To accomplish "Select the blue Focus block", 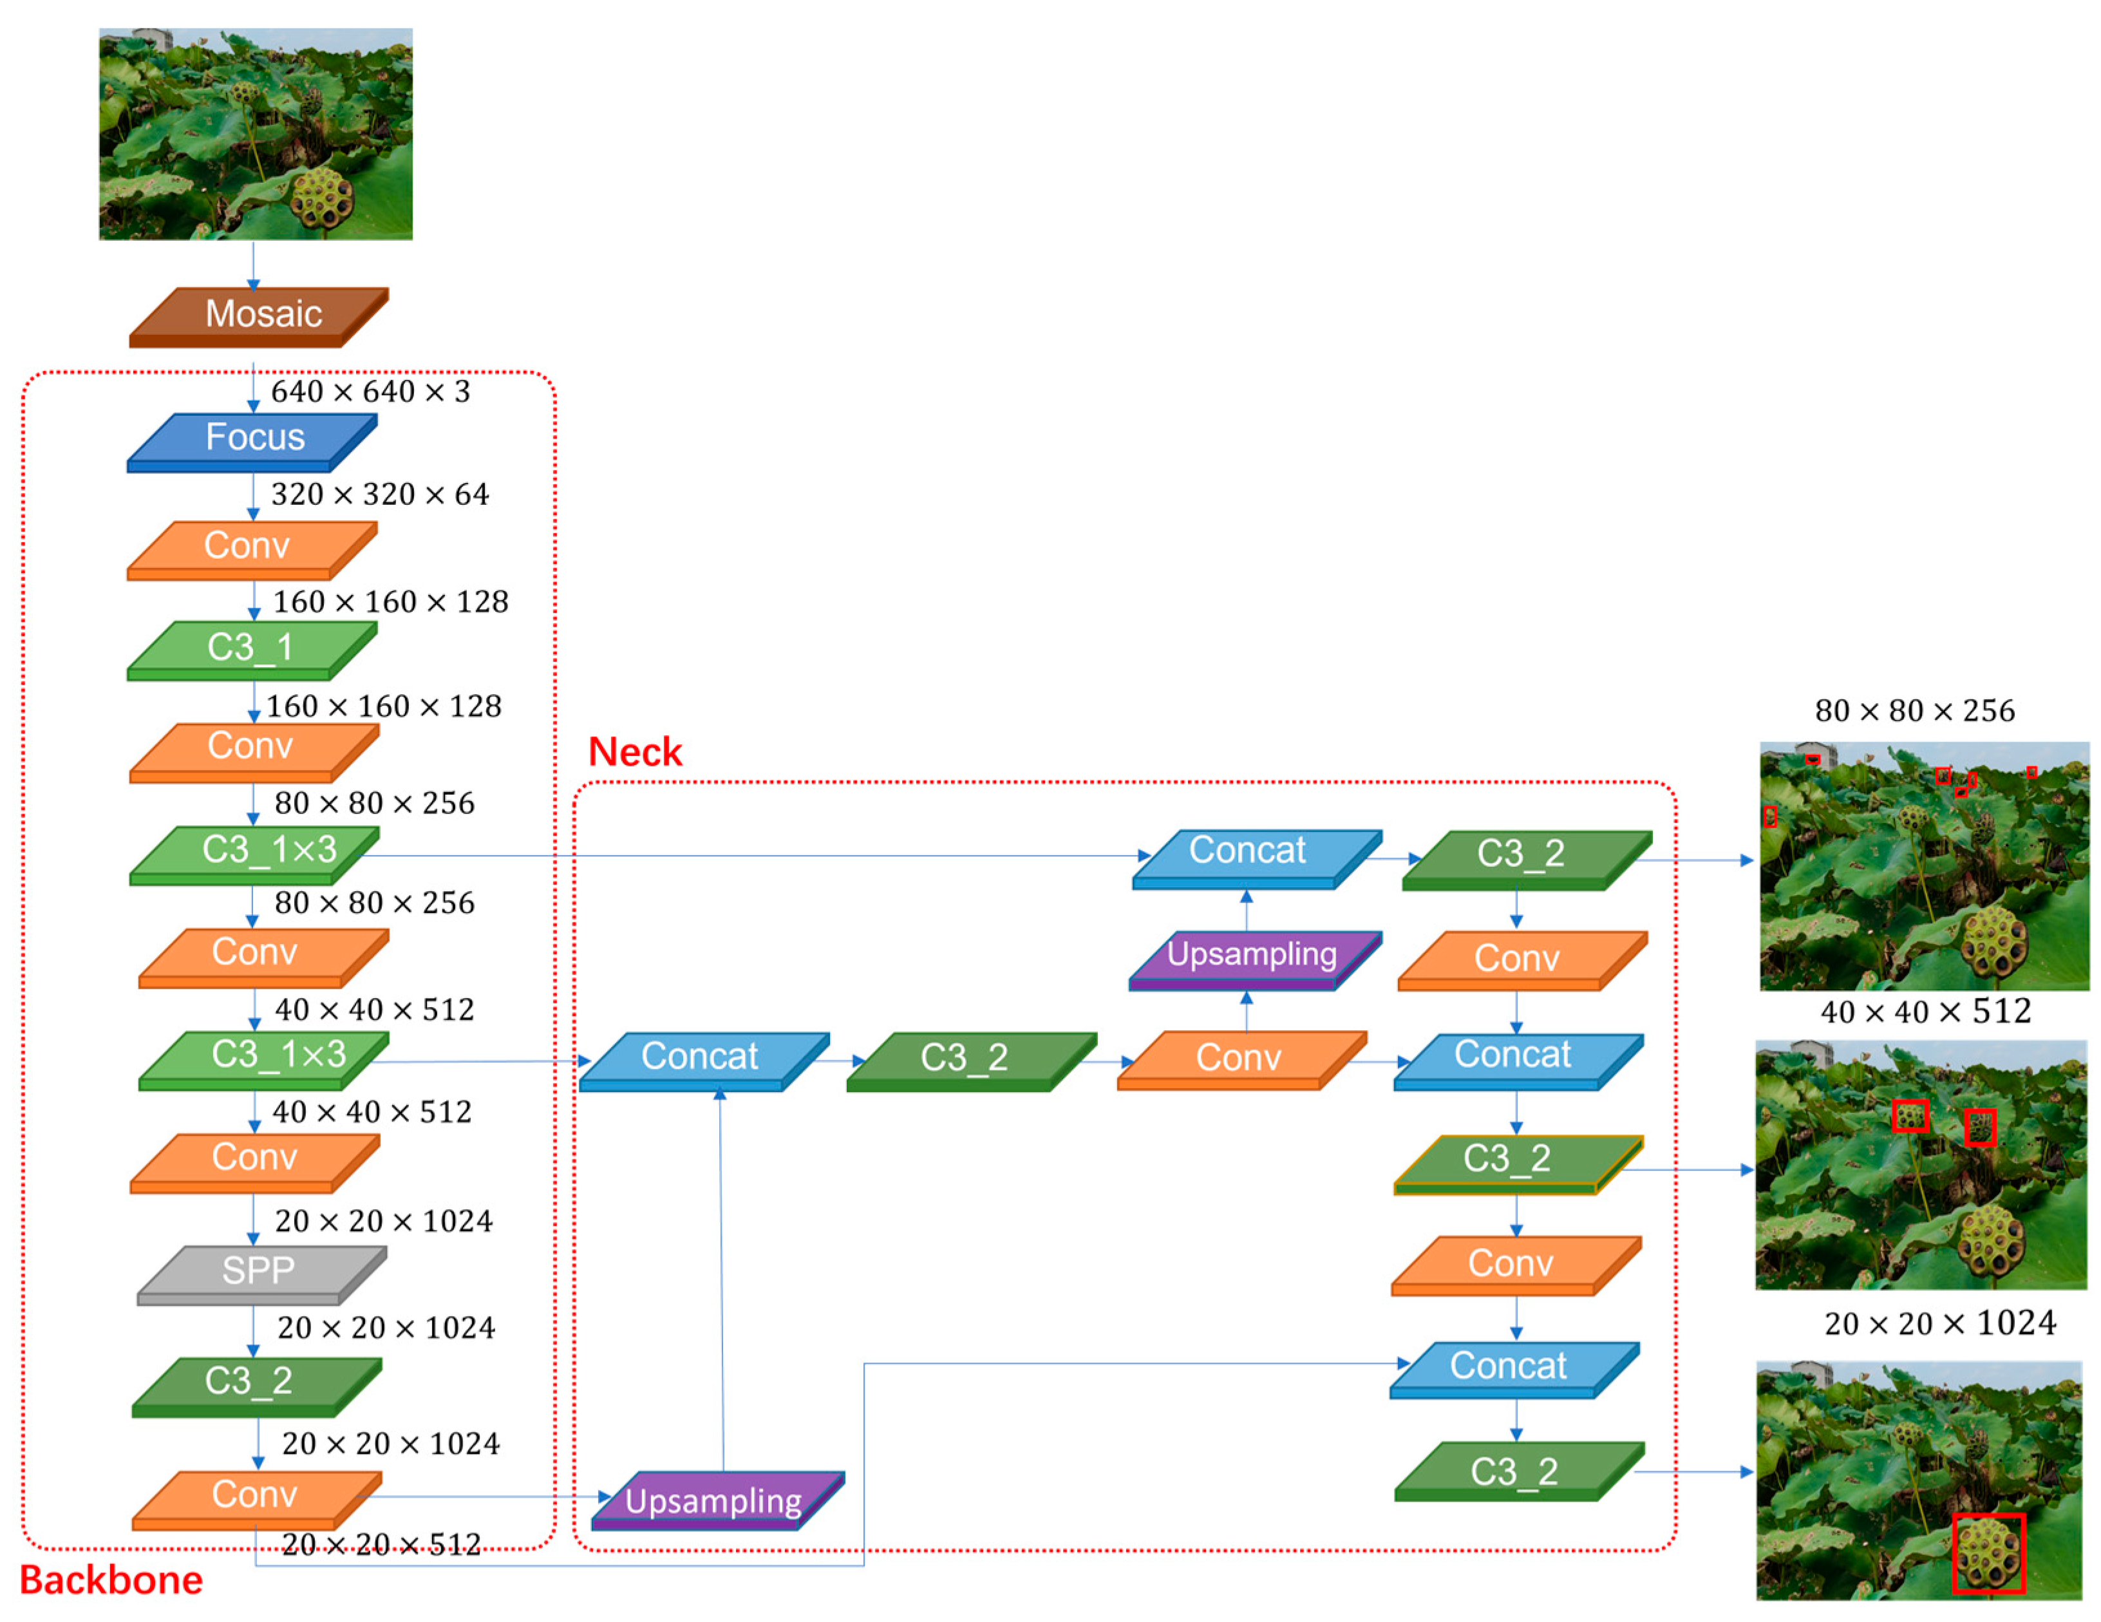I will tap(253, 440).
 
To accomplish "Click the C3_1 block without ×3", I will tap(252, 649).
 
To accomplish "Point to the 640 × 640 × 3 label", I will tap(370, 391).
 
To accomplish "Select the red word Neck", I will tap(635, 752).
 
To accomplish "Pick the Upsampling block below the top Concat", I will tap(1254, 957).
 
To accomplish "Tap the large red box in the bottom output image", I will tap(1988, 1552).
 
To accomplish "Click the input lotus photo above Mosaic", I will tap(256, 134).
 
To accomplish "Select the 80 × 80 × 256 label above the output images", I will tap(1914, 711).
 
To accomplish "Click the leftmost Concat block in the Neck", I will tap(702, 1058).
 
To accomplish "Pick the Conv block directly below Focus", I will tap(250, 549).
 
